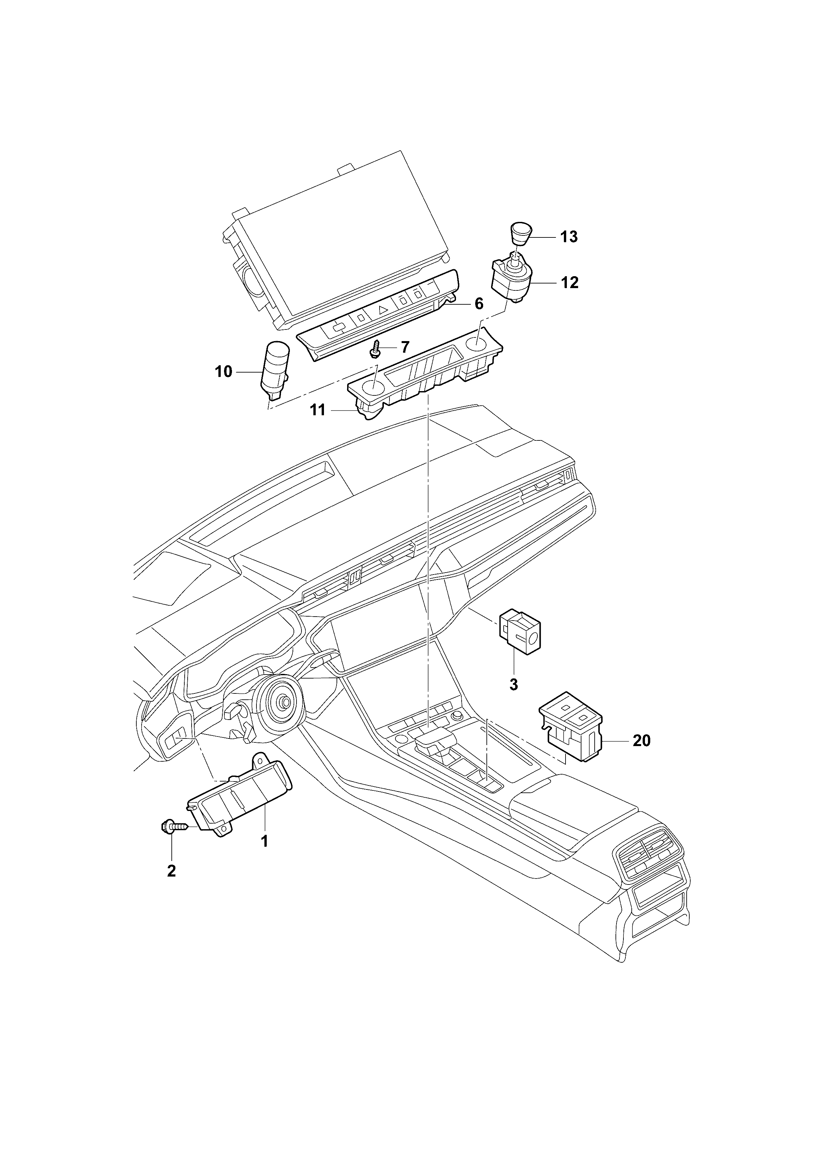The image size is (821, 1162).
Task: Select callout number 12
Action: pyautogui.click(x=570, y=282)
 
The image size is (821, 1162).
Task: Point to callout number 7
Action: pyautogui.click(x=405, y=347)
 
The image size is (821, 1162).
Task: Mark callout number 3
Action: pyautogui.click(x=514, y=685)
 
